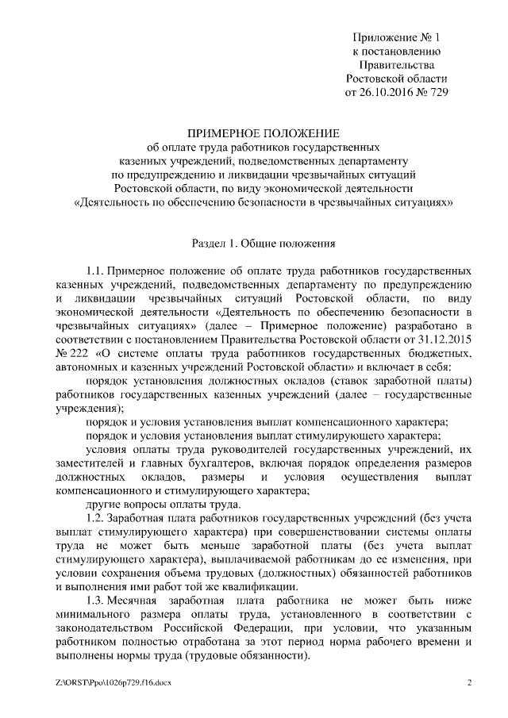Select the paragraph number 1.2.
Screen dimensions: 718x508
(x=95, y=517)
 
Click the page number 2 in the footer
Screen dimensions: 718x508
(x=469, y=682)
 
